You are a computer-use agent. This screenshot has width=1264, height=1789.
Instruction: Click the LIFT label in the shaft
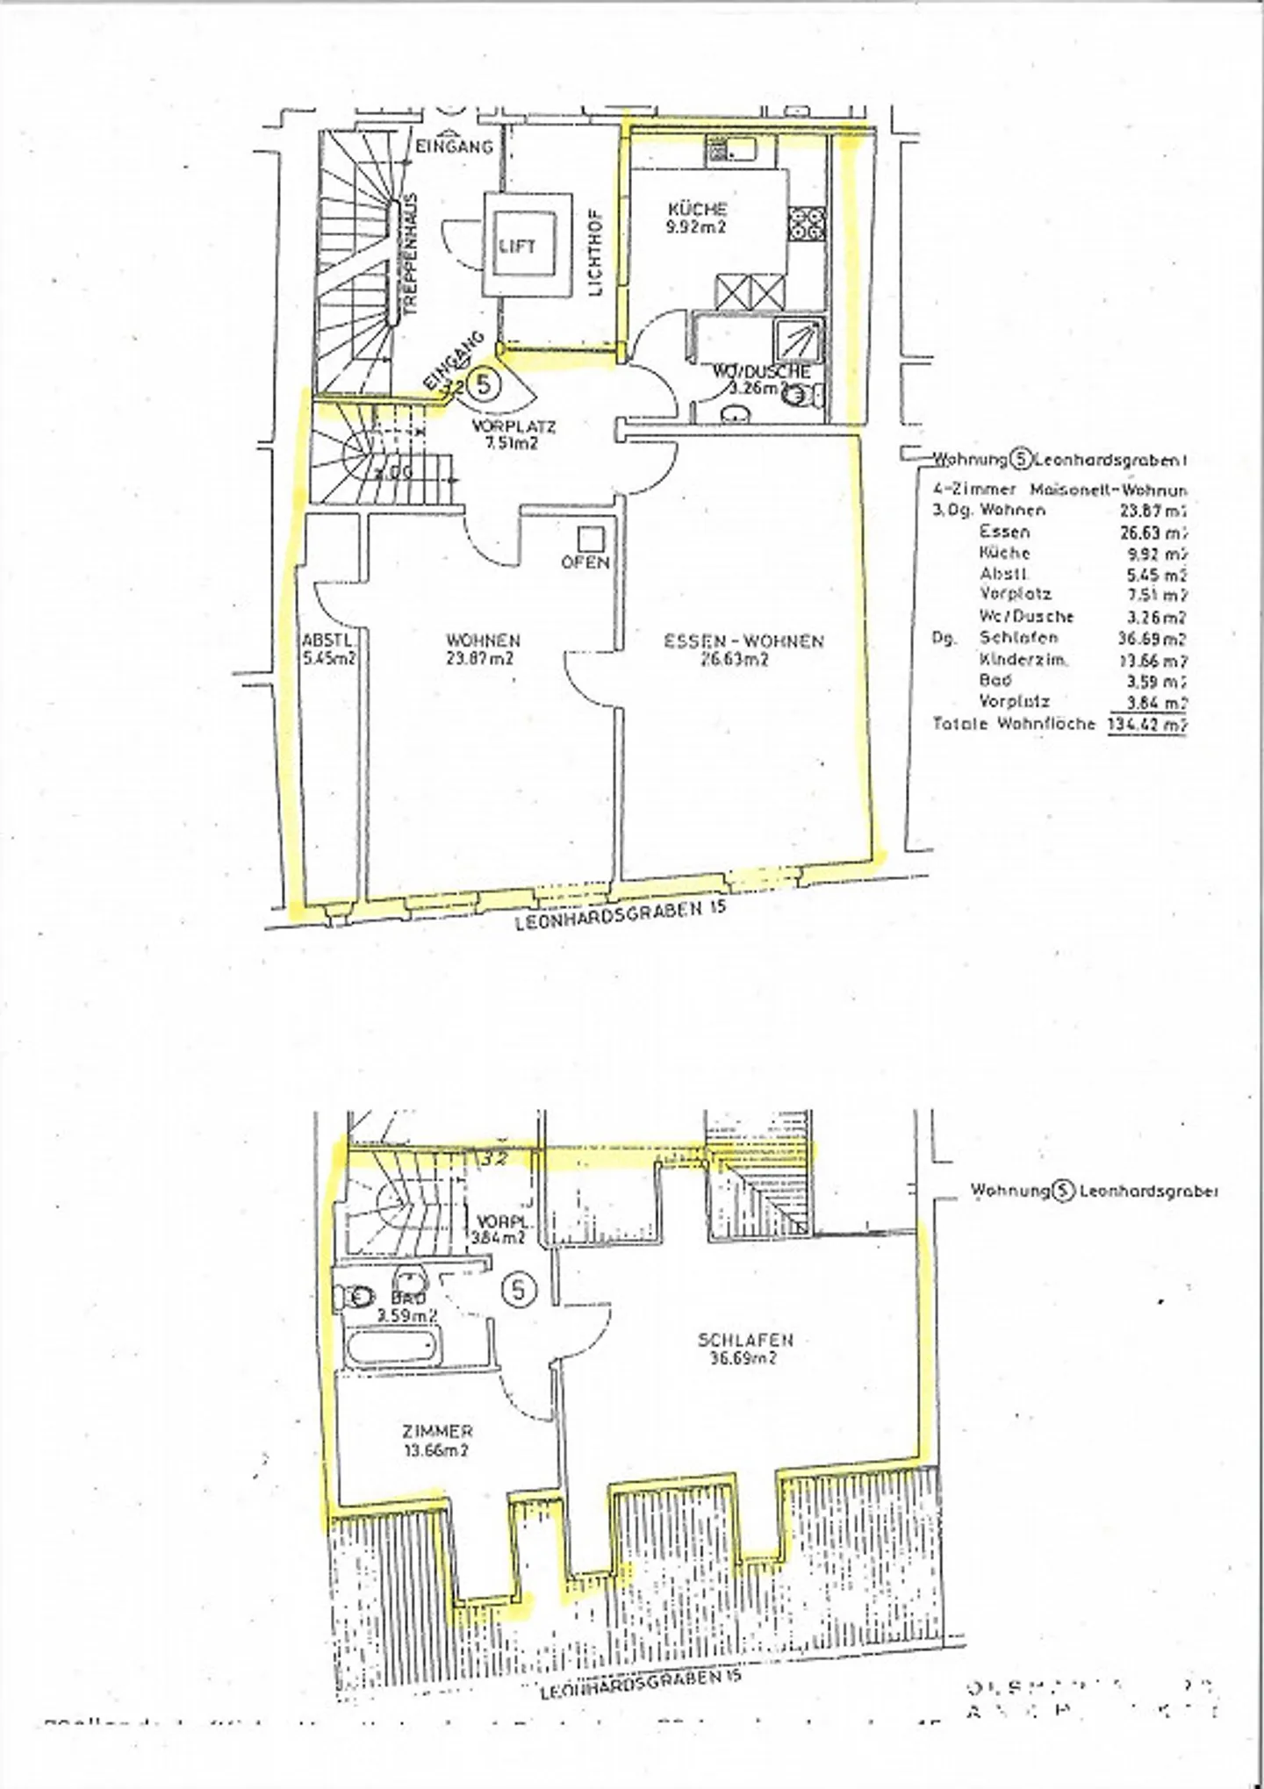pos(516,246)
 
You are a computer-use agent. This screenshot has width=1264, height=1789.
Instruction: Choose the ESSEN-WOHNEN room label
pos(743,649)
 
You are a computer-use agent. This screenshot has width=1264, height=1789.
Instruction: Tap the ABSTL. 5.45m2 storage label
pos(329,648)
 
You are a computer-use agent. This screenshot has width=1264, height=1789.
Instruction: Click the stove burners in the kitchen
pos(807,223)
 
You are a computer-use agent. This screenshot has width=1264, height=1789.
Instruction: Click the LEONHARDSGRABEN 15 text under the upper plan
pos(621,916)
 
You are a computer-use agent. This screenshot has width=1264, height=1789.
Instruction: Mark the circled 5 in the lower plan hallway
pos(519,1290)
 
